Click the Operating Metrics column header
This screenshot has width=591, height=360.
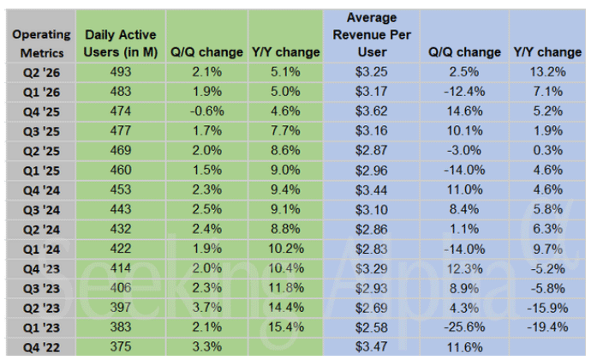tap(41, 44)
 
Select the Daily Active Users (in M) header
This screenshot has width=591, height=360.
tap(121, 44)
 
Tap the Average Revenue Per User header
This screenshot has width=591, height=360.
tap(372, 35)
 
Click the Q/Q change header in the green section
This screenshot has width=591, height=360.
tap(206, 52)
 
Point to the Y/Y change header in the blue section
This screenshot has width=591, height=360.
tap(547, 52)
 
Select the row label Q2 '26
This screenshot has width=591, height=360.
tap(41, 73)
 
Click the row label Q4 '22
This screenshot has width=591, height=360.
tap(41, 347)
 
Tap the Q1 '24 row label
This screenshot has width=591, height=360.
tap(41, 249)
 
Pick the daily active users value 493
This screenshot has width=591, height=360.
tap(121, 72)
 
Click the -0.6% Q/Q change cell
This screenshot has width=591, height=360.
tap(207, 111)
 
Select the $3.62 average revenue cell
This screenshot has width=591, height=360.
tap(372, 111)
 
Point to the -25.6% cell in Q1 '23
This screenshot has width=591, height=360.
tap(464, 327)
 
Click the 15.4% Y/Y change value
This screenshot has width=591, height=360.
tap(286, 327)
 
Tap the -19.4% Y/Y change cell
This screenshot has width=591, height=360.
tap(547, 327)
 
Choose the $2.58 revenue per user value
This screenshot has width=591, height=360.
tap(372, 327)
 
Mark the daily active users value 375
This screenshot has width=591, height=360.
tap(121, 346)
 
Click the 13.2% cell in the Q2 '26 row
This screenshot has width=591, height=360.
tap(547, 72)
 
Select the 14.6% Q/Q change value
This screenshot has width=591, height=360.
tap(465, 111)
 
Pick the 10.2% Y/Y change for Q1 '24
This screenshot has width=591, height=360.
tap(286, 249)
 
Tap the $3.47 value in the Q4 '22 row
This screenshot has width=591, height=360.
tap(372, 347)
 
